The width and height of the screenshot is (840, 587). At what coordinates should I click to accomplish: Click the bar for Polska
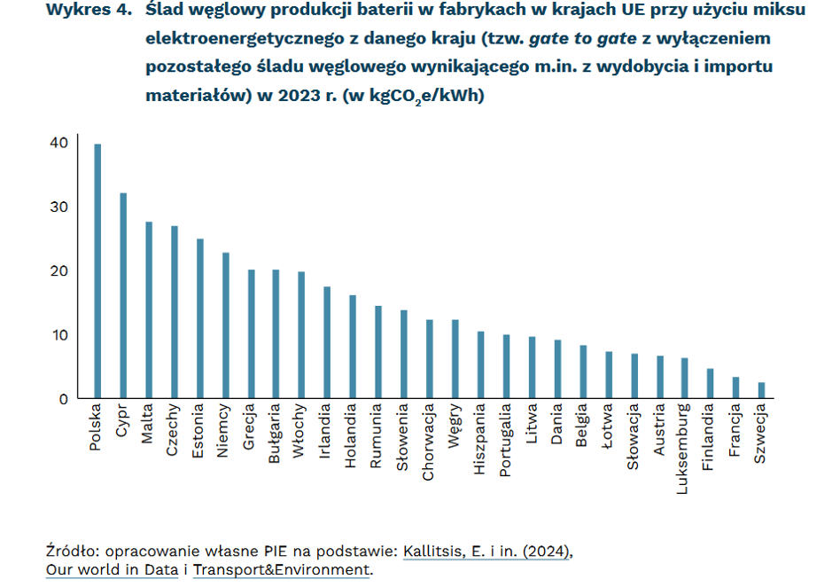point(97,271)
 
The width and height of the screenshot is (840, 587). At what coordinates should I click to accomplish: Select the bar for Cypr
point(123,296)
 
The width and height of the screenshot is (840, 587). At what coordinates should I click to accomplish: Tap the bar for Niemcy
point(225,325)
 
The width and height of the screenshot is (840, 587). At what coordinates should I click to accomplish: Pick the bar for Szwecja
point(761,390)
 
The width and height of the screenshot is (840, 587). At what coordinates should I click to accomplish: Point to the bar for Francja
point(735,387)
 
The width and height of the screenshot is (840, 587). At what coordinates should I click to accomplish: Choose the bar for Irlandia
point(327,342)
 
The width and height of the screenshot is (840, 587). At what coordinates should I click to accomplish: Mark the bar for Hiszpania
point(480,364)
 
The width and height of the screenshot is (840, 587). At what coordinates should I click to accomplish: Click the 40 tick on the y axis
point(58,143)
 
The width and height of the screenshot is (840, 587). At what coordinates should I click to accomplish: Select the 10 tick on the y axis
point(58,335)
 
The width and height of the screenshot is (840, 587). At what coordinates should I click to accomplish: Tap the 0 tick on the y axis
point(63,399)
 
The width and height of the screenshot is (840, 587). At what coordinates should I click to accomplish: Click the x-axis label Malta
point(149,427)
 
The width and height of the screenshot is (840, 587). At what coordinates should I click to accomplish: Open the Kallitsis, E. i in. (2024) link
point(487,551)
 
